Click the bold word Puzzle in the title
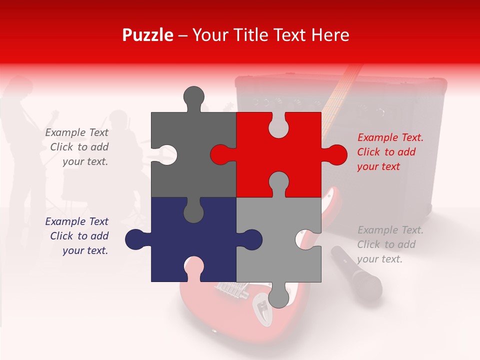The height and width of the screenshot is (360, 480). (148, 35)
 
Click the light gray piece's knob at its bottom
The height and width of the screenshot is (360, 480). (279, 296)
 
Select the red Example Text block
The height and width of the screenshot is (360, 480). (390, 152)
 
